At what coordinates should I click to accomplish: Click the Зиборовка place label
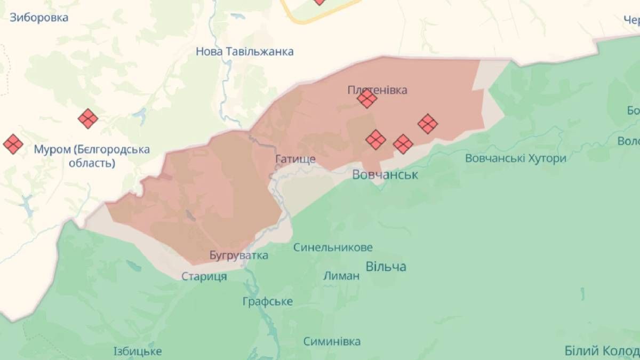[x=39, y=18]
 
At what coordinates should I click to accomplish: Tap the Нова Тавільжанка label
[x=245, y=52]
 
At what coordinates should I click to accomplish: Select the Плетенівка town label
[x=378, y=90]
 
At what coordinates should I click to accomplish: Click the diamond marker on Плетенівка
[x=367, y=98]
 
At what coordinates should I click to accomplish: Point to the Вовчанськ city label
[x=385, y=174]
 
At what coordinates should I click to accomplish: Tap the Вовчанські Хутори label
[x=515, y=158]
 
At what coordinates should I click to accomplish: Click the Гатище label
[x=295, y=159]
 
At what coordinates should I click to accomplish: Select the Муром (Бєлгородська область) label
[x=92, y=156]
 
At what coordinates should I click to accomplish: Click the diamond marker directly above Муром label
[x=88, y=118]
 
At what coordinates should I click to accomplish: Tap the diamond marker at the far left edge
[x=13, y=143]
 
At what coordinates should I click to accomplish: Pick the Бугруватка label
[x=239, y=255]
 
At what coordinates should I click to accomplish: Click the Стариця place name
[x=204, y=276]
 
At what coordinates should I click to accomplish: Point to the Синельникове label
[x=333, y=247]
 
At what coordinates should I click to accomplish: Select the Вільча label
[x=386, y=266]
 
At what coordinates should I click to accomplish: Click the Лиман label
[x=341, y=276]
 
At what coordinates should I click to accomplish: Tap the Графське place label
[x=267, y=301]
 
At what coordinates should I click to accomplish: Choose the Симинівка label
[x=332, y=341]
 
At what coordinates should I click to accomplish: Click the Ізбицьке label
[x=138, y=351]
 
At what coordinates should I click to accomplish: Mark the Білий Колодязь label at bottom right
[x=602, y=351]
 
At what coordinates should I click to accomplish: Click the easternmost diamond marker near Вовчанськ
[x=428, y=124]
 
